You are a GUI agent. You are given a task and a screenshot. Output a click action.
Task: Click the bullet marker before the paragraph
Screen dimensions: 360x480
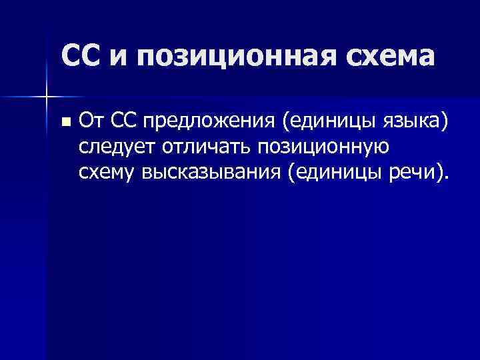(65, 122)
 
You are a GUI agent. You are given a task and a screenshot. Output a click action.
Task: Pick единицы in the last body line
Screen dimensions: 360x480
(337, 174)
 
